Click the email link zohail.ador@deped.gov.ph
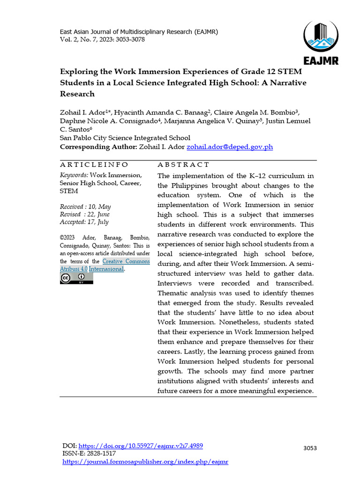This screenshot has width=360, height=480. click(229, 147)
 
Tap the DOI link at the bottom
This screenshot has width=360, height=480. click(140, 446)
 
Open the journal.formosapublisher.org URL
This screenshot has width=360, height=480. click(145, 462)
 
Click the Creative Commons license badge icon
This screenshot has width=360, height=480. click(76, 278)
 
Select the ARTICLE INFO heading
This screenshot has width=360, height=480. click(94, 165)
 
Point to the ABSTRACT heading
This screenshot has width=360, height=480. click(183, 165)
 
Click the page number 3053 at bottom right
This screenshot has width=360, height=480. click(310, 448)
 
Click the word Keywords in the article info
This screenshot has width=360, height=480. click(74, 175)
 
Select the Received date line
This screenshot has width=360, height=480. click(85, 207)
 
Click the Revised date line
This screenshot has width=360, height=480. click(85, 214)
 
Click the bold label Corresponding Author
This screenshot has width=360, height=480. click(98, 147)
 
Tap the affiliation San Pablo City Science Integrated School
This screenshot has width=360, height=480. click(125, 138)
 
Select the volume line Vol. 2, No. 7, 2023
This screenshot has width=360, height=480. click(102, 39)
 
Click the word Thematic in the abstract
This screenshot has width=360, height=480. click(174, 293)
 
